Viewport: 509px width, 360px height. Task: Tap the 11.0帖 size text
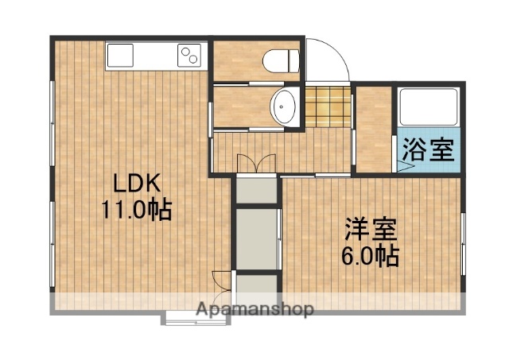coord(136,211)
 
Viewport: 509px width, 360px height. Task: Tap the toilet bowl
coord(282,59)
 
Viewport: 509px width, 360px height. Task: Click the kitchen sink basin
coord(124,55)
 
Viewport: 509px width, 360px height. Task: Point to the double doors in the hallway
coord(255,162)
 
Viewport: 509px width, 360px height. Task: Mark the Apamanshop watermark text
coord(254,308)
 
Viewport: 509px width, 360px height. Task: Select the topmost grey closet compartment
coord(257,189)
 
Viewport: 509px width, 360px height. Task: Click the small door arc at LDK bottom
coord(222,281)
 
